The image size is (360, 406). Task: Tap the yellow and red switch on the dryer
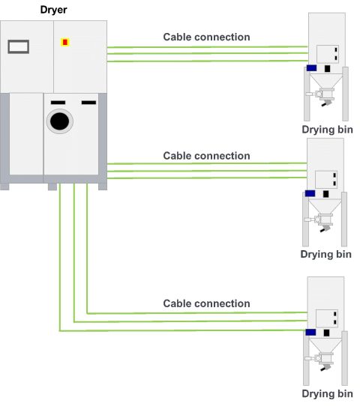coord(64,42)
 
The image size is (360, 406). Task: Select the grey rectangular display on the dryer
coord(18,46)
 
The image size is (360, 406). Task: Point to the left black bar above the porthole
coord(58,101)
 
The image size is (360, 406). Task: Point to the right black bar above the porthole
coord(88,101)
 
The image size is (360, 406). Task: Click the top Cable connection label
coord(206,37)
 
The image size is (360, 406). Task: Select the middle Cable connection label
coord(206,156)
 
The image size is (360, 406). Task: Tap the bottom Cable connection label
coord(206,303)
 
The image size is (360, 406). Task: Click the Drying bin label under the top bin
coord(327,129)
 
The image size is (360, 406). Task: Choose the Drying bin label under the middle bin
coord(326,254)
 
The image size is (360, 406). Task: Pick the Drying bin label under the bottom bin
coord(327,393)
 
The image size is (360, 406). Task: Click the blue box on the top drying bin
coord(311,68)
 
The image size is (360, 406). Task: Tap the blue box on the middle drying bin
coord(310,193)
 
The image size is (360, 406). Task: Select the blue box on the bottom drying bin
coord(310,331)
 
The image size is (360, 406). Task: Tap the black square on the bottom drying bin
coord(328,332)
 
